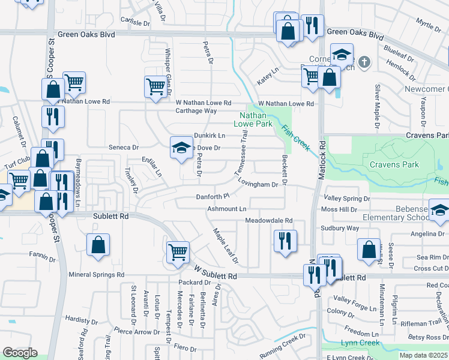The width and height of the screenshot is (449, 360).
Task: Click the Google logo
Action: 20,353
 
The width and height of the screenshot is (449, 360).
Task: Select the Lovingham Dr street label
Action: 258,184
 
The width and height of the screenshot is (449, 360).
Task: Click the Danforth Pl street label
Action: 213,196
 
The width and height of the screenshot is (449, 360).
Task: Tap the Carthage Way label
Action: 196,111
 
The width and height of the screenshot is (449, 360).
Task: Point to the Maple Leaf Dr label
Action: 226,245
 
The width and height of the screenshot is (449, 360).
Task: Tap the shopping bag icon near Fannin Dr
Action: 98,246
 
